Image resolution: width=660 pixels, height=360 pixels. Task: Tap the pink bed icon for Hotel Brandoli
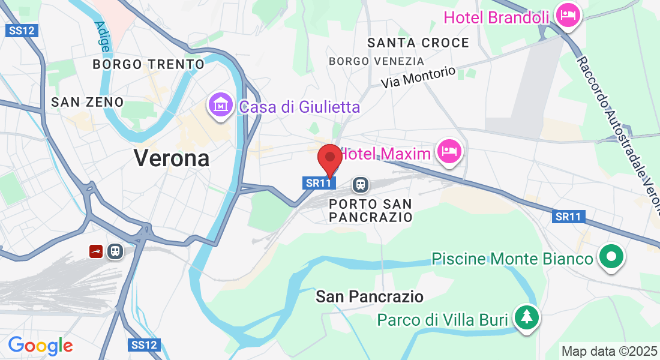coord(567,15)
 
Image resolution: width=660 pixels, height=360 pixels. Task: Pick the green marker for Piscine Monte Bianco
coord(611,257)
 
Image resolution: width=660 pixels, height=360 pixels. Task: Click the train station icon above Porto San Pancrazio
coord(360,184)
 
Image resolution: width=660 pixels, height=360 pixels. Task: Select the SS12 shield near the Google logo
coord(145,345)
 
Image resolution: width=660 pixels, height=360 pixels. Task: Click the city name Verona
coord(172,158)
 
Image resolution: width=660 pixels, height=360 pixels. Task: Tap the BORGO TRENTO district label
coord(149,64)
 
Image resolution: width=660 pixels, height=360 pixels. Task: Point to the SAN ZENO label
coord(87,102)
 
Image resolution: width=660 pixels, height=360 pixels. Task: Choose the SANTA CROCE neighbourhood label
coord(418,43)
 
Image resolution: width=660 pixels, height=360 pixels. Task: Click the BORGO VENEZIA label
coord(376,61)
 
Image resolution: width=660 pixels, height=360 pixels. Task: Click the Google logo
coord(40,346)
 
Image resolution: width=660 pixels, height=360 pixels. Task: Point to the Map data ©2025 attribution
coord(608,351)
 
